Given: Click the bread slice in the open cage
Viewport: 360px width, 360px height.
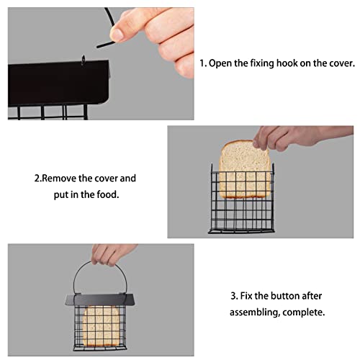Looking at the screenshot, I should pos(240,171).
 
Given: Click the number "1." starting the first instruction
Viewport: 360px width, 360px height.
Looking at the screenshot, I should pos(204,63).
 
